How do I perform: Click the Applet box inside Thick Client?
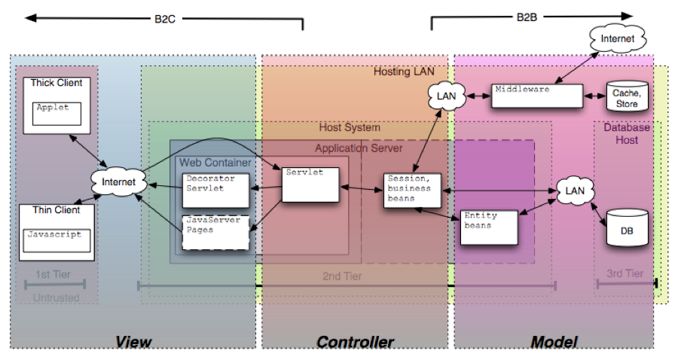[57, 113]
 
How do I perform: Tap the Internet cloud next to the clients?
[118, 182]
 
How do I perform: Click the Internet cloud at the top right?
[617, 38]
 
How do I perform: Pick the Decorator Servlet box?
[215, 190]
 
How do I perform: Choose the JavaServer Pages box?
[215, 231]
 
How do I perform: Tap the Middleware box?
[537, 95]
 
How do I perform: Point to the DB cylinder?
[627, 227]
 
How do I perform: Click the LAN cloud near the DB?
[575, 191]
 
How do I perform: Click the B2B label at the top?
[527, 16]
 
